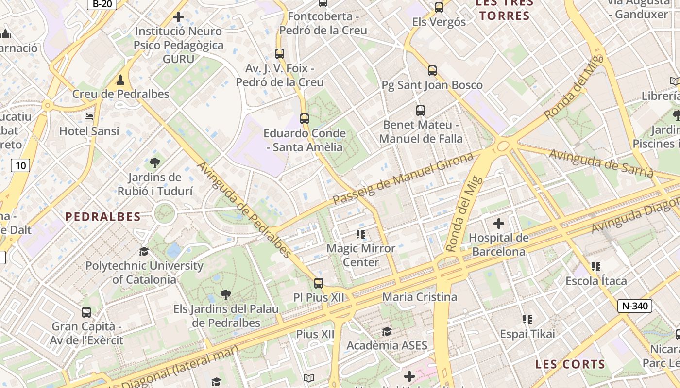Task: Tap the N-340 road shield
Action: click(634, 306)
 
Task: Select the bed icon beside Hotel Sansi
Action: click(89, 117)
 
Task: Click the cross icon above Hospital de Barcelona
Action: click(498, 224)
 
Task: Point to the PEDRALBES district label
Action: click(103, 217)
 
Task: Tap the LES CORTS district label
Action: click(570, 364)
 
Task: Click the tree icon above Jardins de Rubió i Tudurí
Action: click(154, 163)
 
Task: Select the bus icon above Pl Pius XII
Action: click(319, 283)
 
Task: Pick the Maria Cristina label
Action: click(420, 297)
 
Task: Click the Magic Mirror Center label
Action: click(361, 255)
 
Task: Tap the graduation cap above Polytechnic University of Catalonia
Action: click(144, 251)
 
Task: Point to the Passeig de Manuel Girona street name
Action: click(403, 178)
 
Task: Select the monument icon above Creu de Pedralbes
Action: click(120, 80)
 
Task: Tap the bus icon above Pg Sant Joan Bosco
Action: click(432, 71)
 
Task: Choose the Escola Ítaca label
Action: click(596, 281)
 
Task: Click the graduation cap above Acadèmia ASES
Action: click(387, 331)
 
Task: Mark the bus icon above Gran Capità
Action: click(86, 312)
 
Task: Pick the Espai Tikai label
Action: click(527, 334)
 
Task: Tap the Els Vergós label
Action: click(439, 22)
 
